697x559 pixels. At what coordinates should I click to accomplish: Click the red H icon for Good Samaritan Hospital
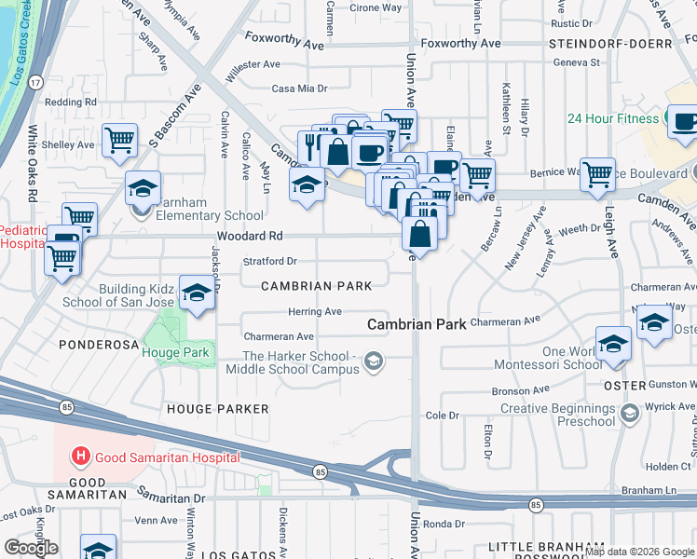pos(81,457)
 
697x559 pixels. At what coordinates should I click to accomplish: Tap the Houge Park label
pos(176,352)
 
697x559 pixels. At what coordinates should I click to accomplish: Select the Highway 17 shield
pos(34,83)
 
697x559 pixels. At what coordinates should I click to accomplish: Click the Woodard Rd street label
pos(249,237)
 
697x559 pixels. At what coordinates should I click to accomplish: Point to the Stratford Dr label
pos(269,262)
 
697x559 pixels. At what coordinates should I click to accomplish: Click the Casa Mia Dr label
pos(299,89)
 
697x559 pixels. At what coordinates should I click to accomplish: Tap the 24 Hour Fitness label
pos(613,118)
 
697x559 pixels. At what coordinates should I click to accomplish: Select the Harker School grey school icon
pos(374,361)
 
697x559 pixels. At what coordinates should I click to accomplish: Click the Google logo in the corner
pos(31,548)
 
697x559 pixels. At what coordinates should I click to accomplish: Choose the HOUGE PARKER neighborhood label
pos(217,409)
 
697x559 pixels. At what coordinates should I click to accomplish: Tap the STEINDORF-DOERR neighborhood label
pos(610,44)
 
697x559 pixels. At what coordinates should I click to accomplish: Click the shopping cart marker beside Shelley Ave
pos(120,141)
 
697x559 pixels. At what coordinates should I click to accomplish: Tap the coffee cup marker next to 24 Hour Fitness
pos(685,123)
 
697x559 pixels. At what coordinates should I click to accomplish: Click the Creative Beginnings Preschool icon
pos(630,411)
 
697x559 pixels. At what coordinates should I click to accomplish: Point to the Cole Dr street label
pos(443,415)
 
